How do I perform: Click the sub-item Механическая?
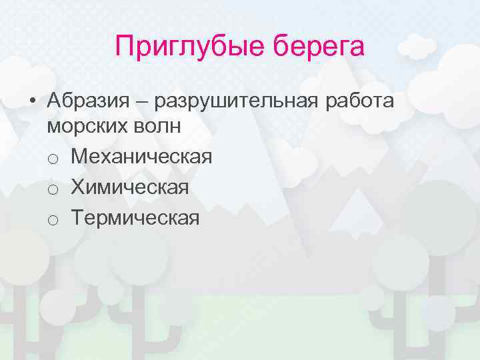(141, 157)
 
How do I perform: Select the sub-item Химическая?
(129, 187)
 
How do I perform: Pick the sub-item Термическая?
(135, 217)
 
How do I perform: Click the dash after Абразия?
(144, 101)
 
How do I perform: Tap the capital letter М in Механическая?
(79, 157)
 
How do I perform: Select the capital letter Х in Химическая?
(77, 187)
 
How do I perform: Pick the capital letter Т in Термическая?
(77, 217)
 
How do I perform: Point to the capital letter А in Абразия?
(55, 101)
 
